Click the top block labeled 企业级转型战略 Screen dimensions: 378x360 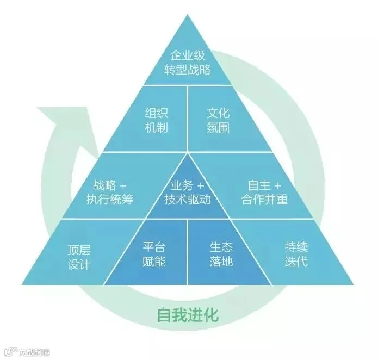[x=188, y=63]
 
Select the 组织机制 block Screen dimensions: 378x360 [x=156, y=120]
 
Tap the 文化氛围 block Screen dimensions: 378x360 [x=218, y=120]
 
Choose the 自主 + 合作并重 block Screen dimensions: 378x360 [x=265, y=192]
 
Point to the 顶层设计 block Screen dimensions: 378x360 [x=79, y=256]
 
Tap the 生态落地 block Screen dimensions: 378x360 [x=221, y=254]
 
